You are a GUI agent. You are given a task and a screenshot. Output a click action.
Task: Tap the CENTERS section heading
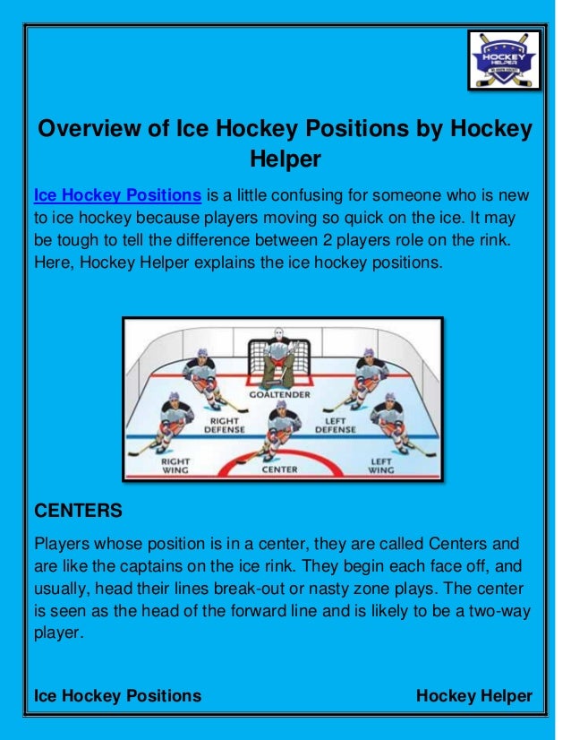pos(77,512)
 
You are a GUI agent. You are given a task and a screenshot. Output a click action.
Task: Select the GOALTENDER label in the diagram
pos(281,394)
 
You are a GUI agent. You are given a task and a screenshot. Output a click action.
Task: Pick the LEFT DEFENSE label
pos(335,424)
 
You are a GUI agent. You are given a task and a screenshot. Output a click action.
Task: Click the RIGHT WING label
pos(174,464)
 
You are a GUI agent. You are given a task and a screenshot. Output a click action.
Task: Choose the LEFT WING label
pos(380,464)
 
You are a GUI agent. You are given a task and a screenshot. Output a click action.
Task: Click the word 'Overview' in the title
pos(83,129)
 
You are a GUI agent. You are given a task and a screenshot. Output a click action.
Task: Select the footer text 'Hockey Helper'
pos(474,696)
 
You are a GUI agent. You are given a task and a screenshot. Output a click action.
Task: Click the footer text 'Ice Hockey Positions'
pos(117,696)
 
